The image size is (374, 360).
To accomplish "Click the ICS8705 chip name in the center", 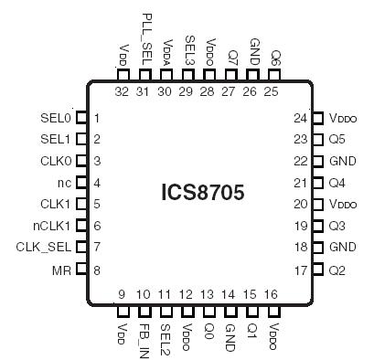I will click(203, 193).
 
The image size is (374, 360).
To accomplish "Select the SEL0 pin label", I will click(56, 118).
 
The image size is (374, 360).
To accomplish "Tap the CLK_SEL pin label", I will click(43, 247).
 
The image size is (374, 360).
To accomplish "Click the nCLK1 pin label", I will click(52, 226).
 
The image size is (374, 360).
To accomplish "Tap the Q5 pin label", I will click(337, 140).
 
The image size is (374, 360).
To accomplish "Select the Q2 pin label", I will click(337, 270).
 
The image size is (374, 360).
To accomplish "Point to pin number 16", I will click(272, 294).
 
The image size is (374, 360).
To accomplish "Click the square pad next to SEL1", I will click(80, 139).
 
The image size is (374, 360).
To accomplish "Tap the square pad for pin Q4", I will click(317, 183).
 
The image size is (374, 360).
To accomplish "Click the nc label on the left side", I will click(64, 183).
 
